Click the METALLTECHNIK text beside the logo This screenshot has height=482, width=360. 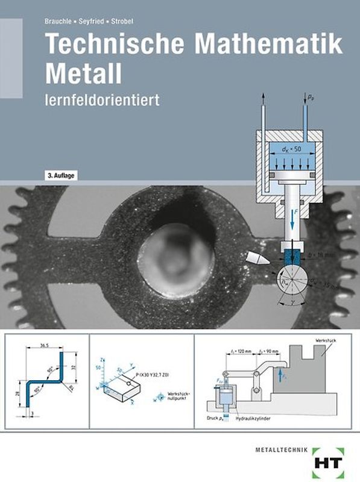coord(284,447)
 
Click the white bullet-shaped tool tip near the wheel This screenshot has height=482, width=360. coord(256,259)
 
